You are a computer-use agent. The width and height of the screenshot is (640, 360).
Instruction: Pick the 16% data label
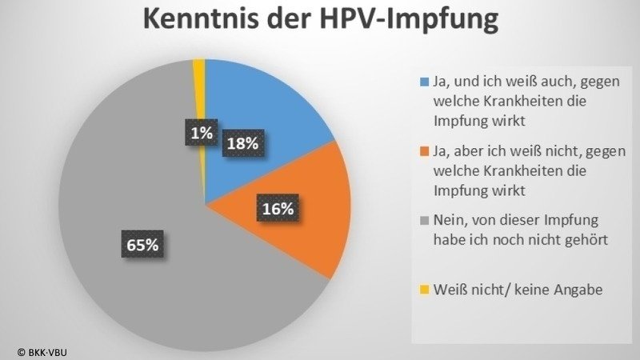(278, 209)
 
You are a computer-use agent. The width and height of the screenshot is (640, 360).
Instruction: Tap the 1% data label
(202, 134)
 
